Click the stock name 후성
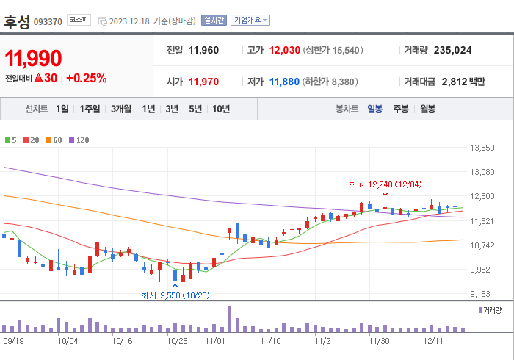coord(17,21)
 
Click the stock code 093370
coord(48,21)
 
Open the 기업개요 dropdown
coord(250,21)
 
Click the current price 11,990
coord(34,58)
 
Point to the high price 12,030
coord(285,50)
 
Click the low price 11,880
coord(284,82)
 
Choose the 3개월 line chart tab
coord(121,109)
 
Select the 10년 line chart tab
coord(220,109)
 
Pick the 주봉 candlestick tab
coord(401,109)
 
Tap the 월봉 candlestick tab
coord(427,109)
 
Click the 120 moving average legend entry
coord(79,140)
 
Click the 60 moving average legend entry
coord(55,140)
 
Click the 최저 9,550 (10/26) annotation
coord(174,295)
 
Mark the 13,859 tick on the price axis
coord(482,148)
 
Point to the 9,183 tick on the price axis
coord(482,294)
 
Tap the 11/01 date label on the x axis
coord(215,341)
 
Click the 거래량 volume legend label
coord(492,311)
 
